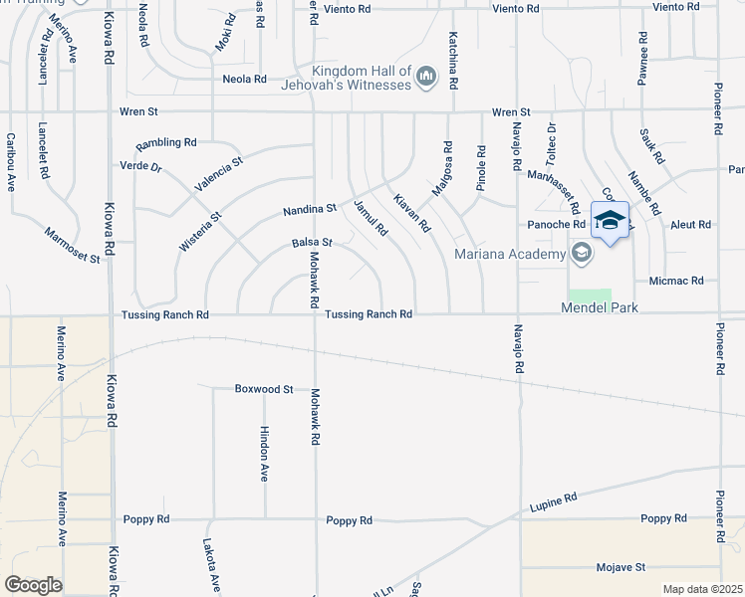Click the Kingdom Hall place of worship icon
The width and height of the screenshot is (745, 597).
[427, 77]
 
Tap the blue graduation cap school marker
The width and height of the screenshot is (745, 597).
[610, 220]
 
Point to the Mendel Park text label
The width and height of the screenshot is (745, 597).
[599, 308]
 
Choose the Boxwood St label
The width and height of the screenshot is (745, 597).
[264, 388]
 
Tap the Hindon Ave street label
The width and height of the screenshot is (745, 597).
[264, 456]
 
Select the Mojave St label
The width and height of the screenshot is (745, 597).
[621, 567]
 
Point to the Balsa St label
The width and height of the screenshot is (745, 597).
[311, 242]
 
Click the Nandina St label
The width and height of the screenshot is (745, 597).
[309, 210]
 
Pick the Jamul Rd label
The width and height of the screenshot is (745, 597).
[371, 217]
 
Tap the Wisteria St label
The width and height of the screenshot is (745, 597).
[199, 229]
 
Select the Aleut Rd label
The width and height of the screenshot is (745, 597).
[690, 225]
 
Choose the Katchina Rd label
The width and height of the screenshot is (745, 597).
[453, 55]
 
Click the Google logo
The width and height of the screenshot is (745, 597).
[33, 585]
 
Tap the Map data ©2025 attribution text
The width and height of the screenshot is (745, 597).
[702, 589]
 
